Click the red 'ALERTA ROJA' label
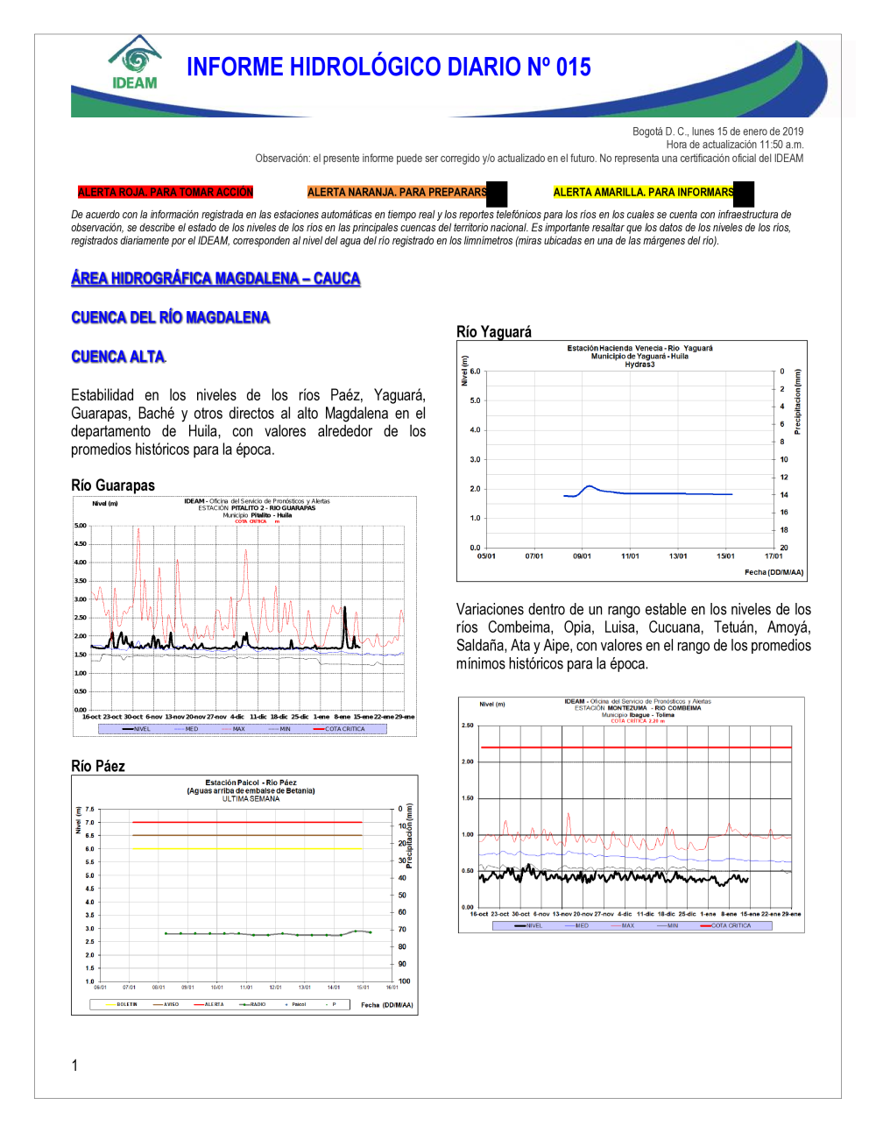click(x=165, y=192)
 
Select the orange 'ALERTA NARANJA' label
click(x=397, y=192)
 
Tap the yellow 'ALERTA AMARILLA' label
click(x=643, y=192)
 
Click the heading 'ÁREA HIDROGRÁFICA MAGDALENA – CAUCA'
click(x=215, y=279)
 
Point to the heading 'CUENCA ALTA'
click(x=117, y=357)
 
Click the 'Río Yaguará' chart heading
click(x=493, y=331)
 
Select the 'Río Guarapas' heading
click(x=113, y=485)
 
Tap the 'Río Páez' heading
click(x=98, y=766)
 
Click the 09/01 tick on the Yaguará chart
click(x=582, y=556)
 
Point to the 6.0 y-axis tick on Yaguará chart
click(x=475, y=372)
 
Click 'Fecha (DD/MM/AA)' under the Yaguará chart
click(x=774, y=572)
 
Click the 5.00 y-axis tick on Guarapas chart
click(x=80, y=526)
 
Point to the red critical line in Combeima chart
click(x=635, y=747)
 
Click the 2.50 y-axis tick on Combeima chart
click(x=467, y=726)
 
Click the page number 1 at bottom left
click(x=74, y=1066)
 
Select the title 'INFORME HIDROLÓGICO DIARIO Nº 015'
click(x=388, y=67)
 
